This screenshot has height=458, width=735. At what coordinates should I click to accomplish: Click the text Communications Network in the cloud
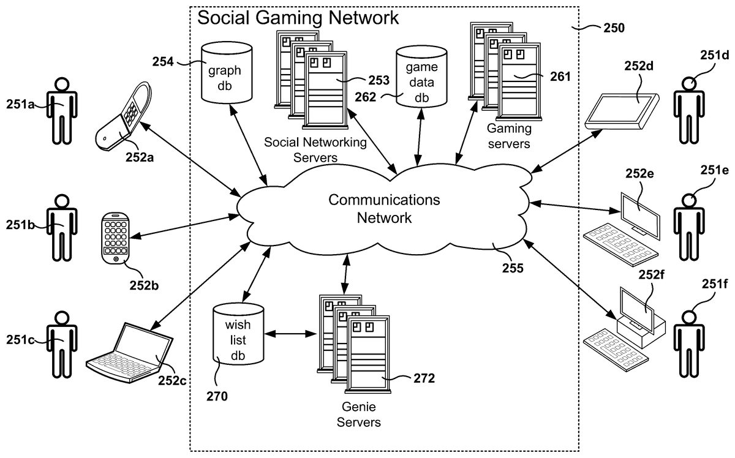click(x=384, y=208)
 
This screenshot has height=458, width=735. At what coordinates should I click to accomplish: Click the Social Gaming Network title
click(x=298, y=18)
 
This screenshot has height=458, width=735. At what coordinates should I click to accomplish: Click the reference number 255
click(x=509, y=268)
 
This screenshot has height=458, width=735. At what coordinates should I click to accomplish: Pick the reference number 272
click(x=423, y=378)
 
